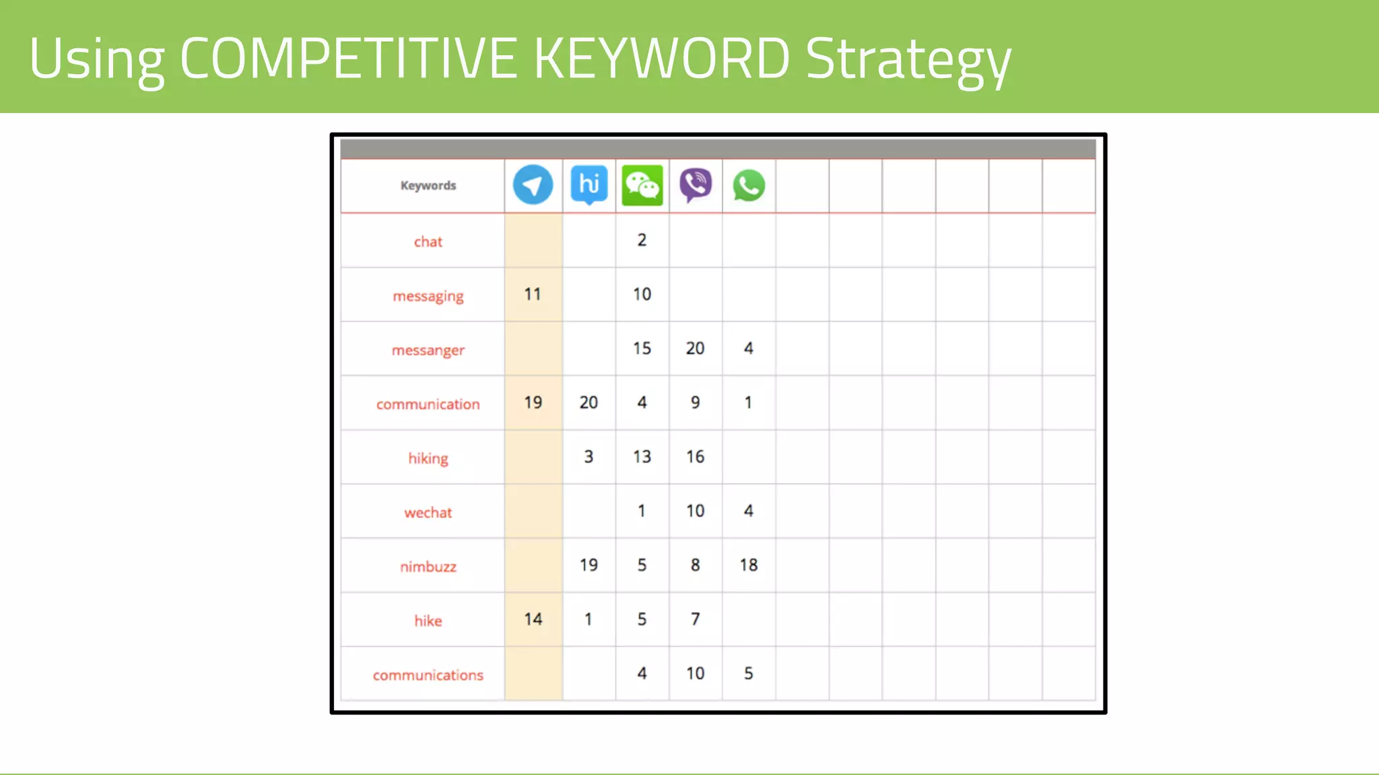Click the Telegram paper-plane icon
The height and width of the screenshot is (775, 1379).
(x=533, y=185)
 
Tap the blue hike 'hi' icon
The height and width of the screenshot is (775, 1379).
(x=588, y=184)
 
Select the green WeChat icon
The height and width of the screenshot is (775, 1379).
(x=642, y=185)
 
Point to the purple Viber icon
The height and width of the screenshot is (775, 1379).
(x=696, y=185)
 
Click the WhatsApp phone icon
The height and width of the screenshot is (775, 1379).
(x=749, y=186)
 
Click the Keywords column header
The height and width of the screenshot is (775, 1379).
(x=428, y=186)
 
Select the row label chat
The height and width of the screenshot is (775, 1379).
(x=428, y=242)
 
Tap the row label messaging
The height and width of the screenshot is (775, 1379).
(x=428, y=296)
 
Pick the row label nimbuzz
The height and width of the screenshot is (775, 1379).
(x=428, y=566)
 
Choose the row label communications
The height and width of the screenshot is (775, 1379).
(x=428, y=675)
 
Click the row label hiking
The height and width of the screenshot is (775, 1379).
(x=428, y=458)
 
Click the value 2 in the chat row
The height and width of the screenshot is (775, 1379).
(x=642, y=240)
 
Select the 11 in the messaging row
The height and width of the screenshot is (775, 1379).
(x=533, y=294)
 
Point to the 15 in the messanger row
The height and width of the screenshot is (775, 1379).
(x=642, y=348)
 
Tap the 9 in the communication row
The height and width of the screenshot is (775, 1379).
(x=695, y=402)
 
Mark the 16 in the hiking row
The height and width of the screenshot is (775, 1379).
(x=695, y=457)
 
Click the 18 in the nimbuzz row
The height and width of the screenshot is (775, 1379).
(x=749, y=565)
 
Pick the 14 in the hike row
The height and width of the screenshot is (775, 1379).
(x=533, y=619)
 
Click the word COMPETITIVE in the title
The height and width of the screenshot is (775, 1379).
(x=349, y=59)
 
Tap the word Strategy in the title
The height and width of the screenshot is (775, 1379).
(x=908, y=60)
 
